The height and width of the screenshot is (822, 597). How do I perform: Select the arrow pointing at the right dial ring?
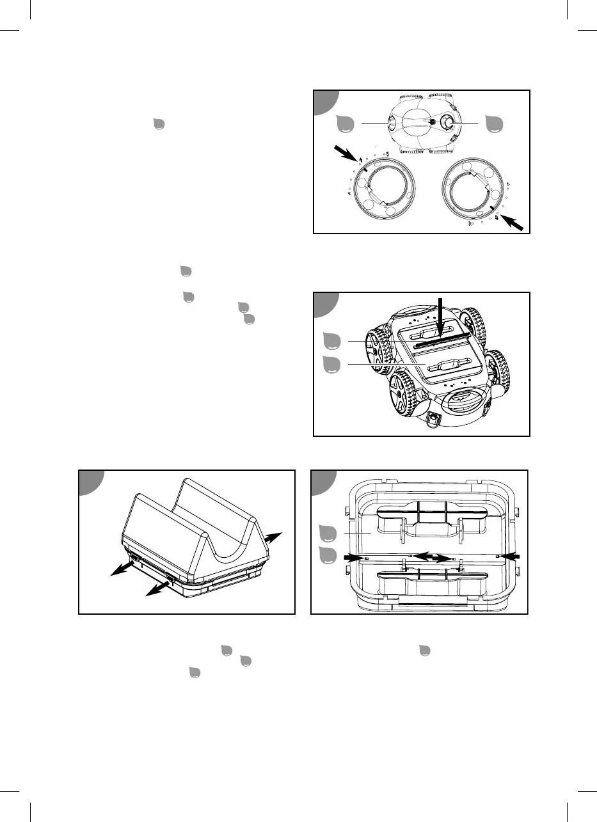click(516, 223)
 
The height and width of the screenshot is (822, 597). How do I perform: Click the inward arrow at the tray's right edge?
click(509, 557)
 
